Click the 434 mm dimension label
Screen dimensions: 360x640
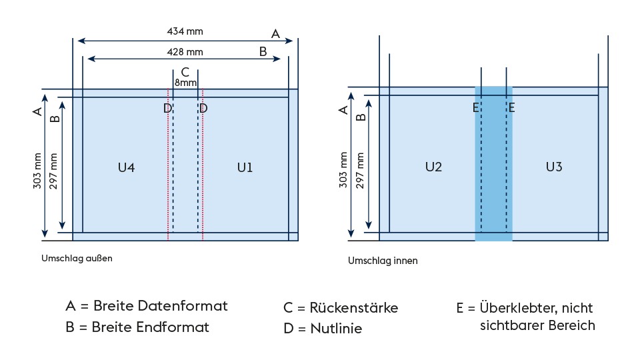185,31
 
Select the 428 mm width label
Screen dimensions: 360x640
185,51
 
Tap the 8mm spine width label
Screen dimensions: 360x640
185,83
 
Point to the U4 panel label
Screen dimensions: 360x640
127,168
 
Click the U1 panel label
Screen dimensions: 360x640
245,168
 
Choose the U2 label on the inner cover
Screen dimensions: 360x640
433,167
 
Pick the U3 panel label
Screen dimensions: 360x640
553,167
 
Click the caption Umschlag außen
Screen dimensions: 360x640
77,258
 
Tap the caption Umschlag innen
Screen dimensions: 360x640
383,261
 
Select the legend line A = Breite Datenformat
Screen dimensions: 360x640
147,306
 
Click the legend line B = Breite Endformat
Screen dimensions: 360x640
137,327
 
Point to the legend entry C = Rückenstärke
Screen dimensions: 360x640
341,307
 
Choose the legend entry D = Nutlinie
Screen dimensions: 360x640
323,328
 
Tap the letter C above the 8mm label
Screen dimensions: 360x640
185,71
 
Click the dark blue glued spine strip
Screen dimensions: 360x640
493,167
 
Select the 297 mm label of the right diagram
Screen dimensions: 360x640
361,172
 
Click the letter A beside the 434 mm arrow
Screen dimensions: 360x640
275,33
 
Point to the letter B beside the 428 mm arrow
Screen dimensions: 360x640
263,51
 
